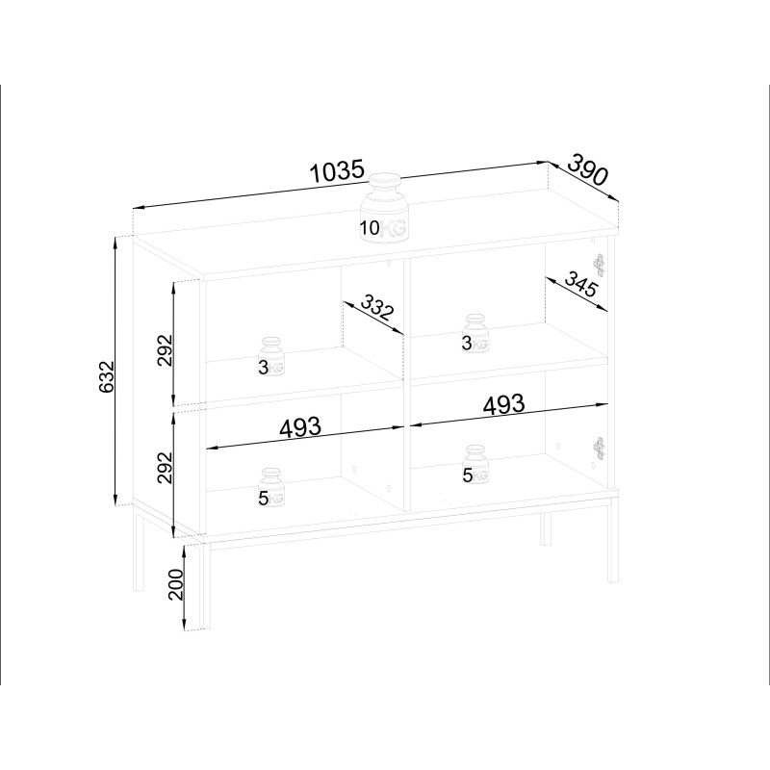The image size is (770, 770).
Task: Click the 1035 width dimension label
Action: (338, 171)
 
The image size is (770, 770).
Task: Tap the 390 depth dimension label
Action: (588, 170)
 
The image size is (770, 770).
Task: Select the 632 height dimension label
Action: (106, 376)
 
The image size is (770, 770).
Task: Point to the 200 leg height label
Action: (175, 584)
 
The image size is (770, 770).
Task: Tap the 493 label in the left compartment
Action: (300, 427)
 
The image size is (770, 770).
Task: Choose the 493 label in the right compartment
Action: (503, 404)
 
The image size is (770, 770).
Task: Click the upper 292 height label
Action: (166, 350)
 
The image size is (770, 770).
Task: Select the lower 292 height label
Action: (166, 468)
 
